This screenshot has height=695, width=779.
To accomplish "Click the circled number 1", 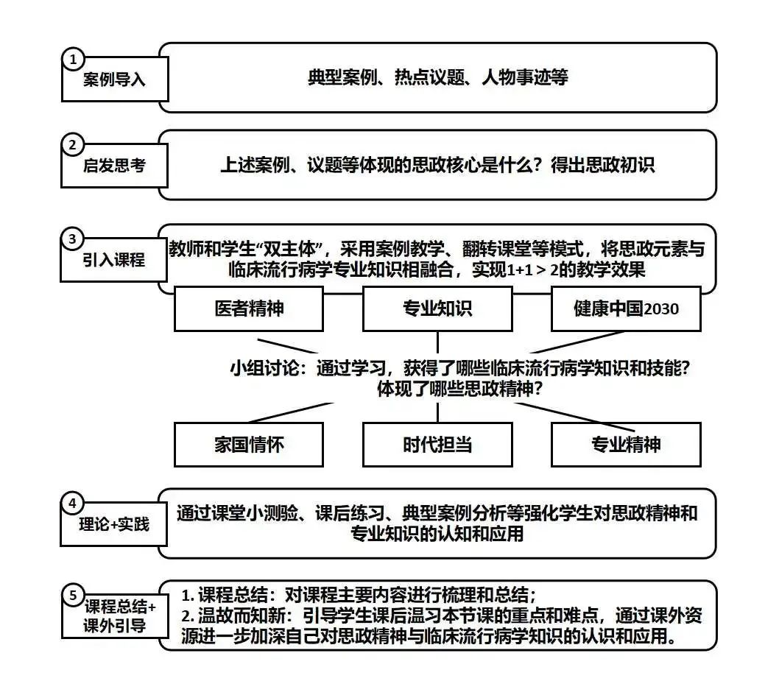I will coord(72,58).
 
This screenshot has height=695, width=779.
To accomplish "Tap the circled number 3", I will coord(72,239).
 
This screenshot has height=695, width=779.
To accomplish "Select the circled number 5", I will coord(72,595).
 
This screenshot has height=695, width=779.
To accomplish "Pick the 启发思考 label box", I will coord(114,166).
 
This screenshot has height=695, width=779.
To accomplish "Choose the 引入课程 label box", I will coord(114,260).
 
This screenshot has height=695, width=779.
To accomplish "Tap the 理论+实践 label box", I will coord(114,525).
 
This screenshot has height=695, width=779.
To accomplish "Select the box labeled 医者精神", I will coord(249,308).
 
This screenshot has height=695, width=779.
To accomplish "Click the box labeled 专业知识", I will coord(437,308).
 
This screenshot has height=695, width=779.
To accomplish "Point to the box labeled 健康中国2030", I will coord(626,308).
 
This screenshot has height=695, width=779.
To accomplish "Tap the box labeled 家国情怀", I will coord(249,445).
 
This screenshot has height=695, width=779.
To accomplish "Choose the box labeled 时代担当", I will coord(437,445).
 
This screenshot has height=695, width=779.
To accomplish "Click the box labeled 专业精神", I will coord(626,445).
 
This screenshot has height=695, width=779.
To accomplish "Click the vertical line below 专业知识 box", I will coord(437,342).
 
